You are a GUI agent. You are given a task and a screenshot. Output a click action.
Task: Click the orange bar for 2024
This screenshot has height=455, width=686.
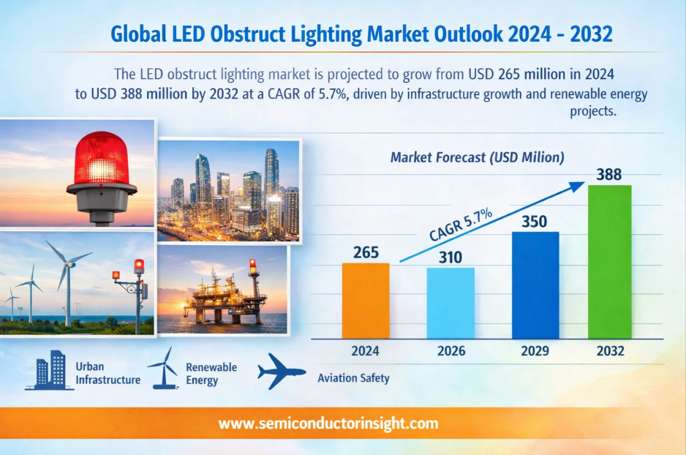coord(366,301)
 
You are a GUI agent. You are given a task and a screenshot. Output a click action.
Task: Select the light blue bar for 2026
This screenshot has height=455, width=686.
coord(451,303)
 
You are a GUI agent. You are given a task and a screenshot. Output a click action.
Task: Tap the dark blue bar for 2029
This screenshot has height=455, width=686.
coord(535,285)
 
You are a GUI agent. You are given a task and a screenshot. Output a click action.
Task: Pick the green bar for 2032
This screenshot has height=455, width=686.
coord(609,262)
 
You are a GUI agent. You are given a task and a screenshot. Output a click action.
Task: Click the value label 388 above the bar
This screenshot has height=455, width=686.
coord(609,175)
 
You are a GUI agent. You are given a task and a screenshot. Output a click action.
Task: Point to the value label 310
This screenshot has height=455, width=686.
coord(451,257)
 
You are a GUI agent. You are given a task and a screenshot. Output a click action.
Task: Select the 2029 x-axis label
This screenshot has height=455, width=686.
coord(535,351)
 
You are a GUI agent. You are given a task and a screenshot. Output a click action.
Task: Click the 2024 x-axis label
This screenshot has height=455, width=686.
coord(365,351)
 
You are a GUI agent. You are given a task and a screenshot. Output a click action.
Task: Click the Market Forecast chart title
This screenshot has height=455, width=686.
coord(478,157)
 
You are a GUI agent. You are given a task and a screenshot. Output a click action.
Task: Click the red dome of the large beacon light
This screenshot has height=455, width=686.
coord(101,159)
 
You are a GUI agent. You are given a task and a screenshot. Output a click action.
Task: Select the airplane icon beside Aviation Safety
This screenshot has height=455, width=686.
coord(282,372)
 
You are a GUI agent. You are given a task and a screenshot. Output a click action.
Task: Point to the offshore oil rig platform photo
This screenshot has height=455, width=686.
coord(222,290)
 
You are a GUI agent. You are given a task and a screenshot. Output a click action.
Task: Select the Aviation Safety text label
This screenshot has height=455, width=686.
coord(353,378)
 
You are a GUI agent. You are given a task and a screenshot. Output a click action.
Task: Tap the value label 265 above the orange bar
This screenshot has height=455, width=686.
coord(366,252)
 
